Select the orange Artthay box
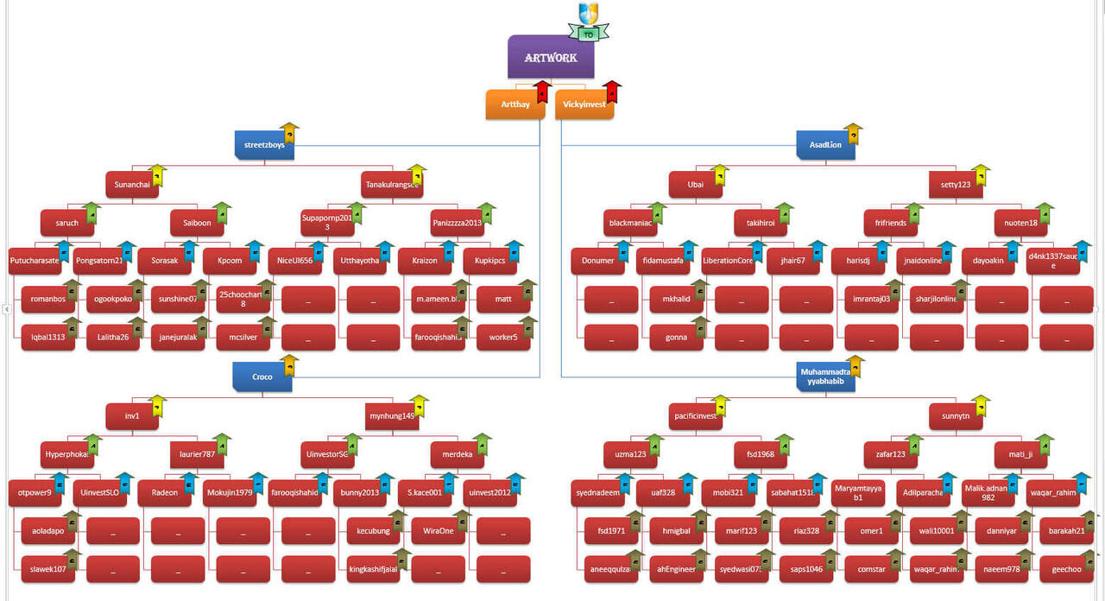point(515,104)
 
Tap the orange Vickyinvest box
point(584,104)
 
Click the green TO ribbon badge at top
point(589,35)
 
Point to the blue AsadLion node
point(825,145)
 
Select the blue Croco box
point(262,376)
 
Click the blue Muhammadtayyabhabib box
point(825,376)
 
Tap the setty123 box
point(956,185)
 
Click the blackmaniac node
point(632,223)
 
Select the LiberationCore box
point(728,261)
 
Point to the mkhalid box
point(676,299)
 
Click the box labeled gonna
point(676,337)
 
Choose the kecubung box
point(372,530)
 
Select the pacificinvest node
point(696,416)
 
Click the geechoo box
point(1066,569)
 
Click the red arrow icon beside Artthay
point(541,92)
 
